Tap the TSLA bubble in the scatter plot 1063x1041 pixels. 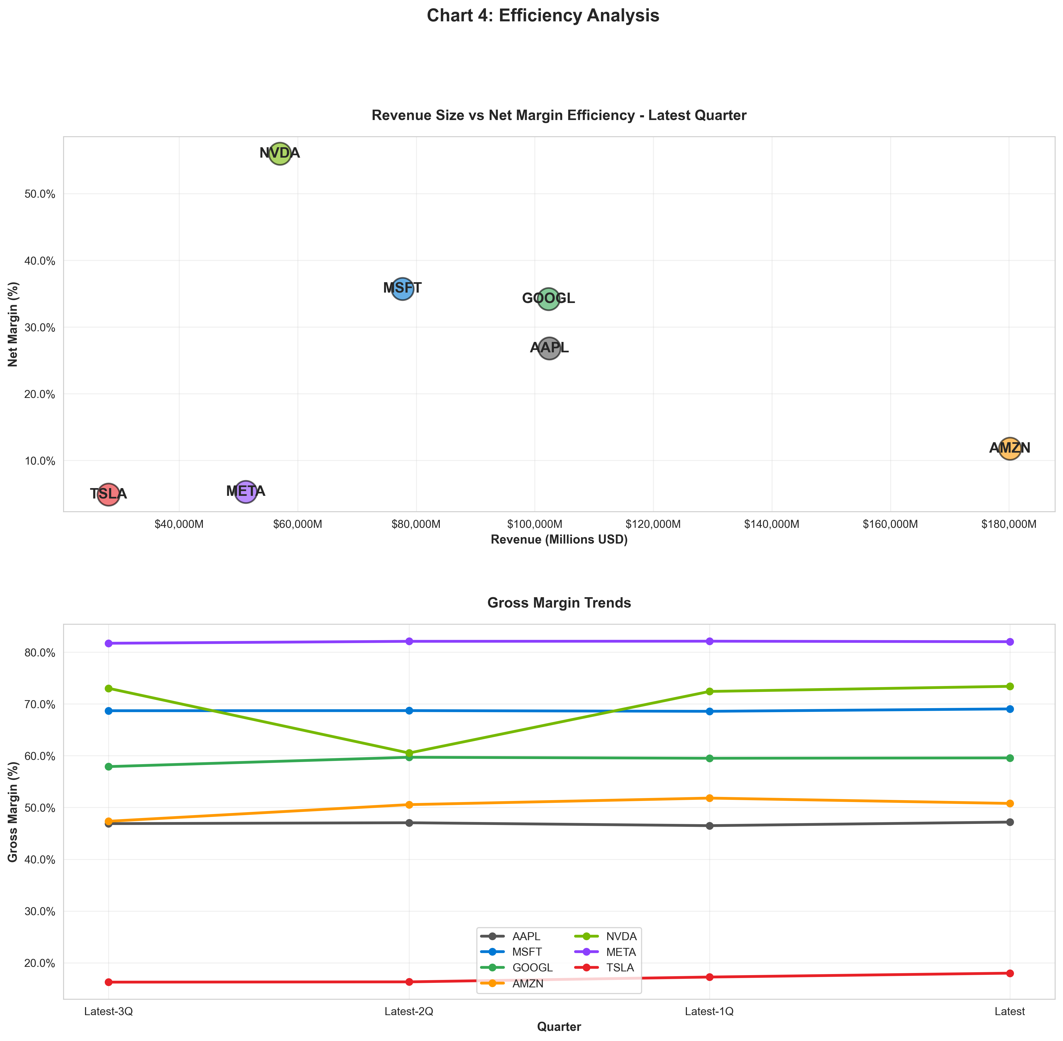point(109,494)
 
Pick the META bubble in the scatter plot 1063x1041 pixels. point(246,492)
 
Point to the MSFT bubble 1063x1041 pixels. point(402,289)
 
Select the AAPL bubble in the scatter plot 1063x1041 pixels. point(549,348)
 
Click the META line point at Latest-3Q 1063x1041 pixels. point(109,644)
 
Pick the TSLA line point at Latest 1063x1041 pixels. point(1009,973)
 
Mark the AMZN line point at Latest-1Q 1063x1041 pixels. point(709,798)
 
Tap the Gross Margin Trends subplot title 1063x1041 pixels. point(558,603)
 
